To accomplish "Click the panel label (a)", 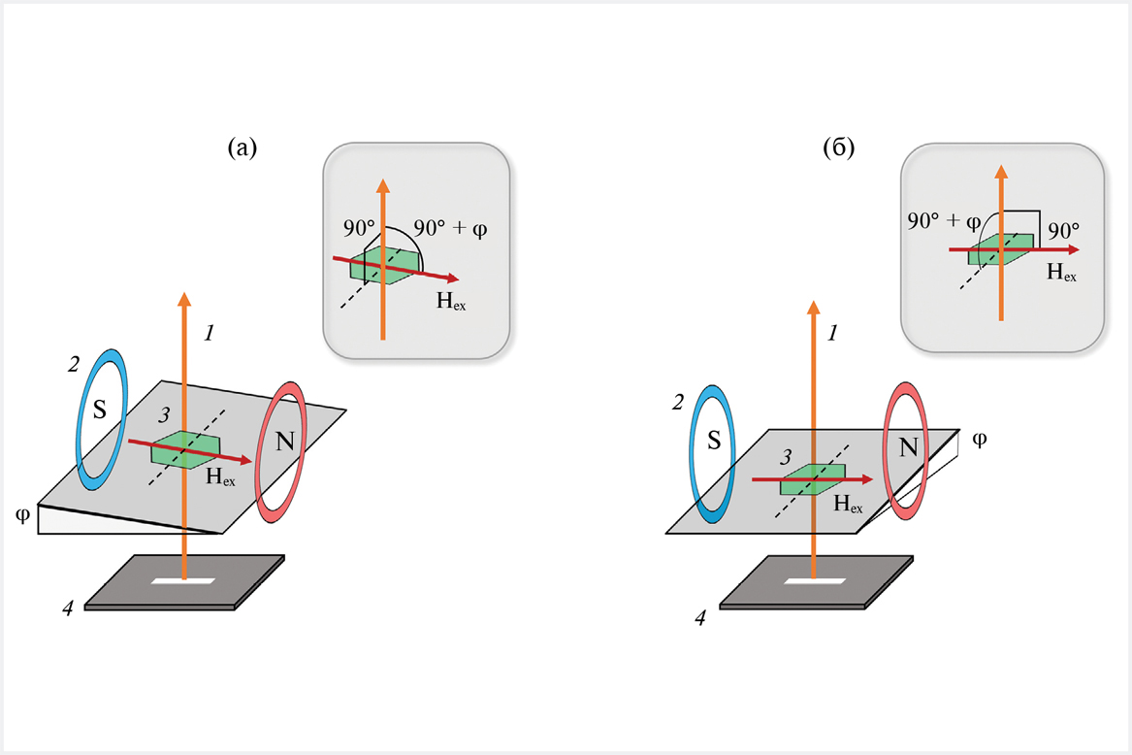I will click(242, 148).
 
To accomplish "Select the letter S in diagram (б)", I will click(713, 443).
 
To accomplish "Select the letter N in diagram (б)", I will click(908, 447).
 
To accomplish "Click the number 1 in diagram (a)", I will click(208, 333).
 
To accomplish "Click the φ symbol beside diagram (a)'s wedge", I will click(22, 510).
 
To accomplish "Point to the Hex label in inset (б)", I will click(1061, 273).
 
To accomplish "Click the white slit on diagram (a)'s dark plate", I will click(184, 582).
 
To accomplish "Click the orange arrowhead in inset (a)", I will click(383, 187).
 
